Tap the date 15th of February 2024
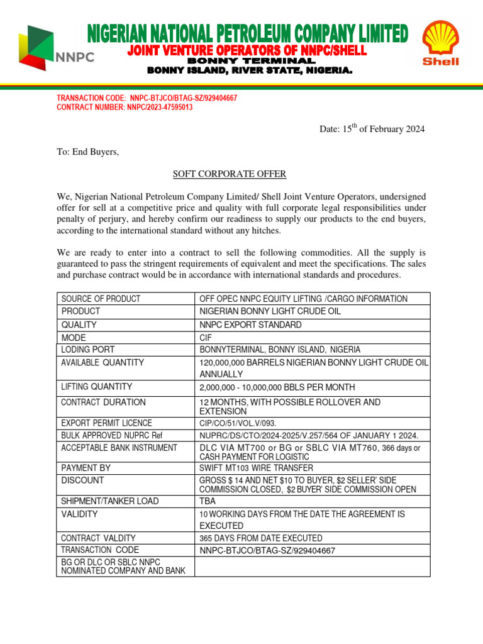(372, 129)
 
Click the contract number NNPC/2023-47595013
(125, 108)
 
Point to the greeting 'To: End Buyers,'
(87, 152)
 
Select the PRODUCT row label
(80, 311)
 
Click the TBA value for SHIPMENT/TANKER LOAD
(209, 501)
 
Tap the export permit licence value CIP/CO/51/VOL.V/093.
(238, 423)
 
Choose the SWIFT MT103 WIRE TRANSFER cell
(257, 468)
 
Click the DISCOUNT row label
(82, 480)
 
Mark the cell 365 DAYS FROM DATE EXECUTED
(261, 538)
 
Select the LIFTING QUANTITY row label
(96, 387)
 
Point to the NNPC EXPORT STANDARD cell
(250, 325)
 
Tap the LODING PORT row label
(88, 349)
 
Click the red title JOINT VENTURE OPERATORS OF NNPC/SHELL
(247, 50)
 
